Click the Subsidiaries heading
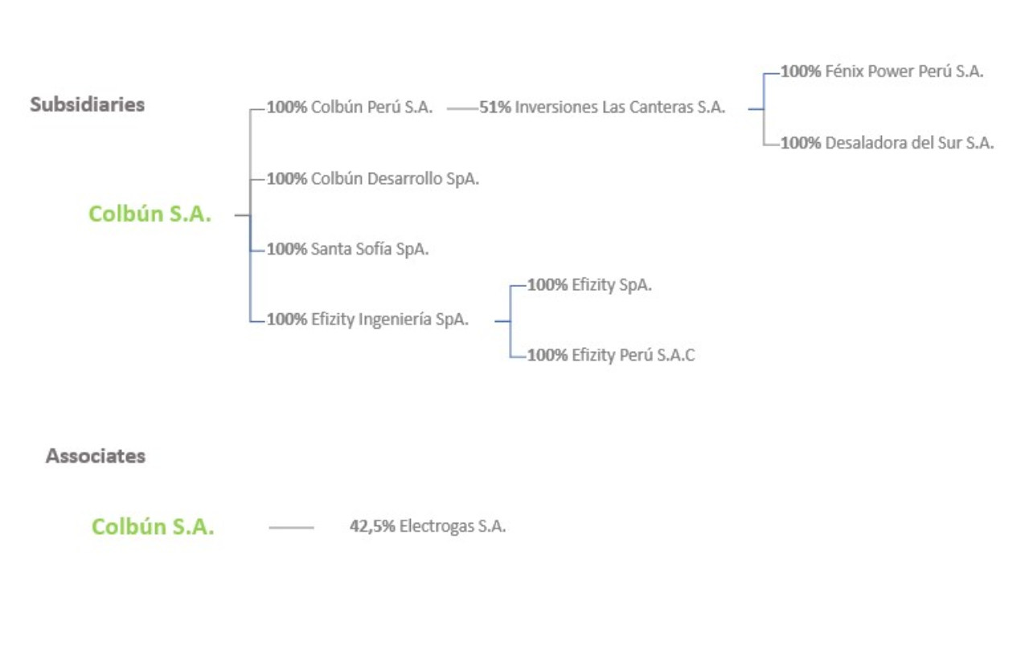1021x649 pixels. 88,104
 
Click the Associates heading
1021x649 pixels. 96,456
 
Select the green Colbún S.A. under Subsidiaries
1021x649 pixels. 150,214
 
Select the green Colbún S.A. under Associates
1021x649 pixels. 153,526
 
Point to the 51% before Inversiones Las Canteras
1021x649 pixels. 495,107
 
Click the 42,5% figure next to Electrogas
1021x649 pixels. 372,526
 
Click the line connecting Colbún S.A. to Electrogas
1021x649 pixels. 291,528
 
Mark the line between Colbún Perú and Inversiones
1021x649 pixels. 462,109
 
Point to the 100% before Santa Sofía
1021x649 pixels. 287,249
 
